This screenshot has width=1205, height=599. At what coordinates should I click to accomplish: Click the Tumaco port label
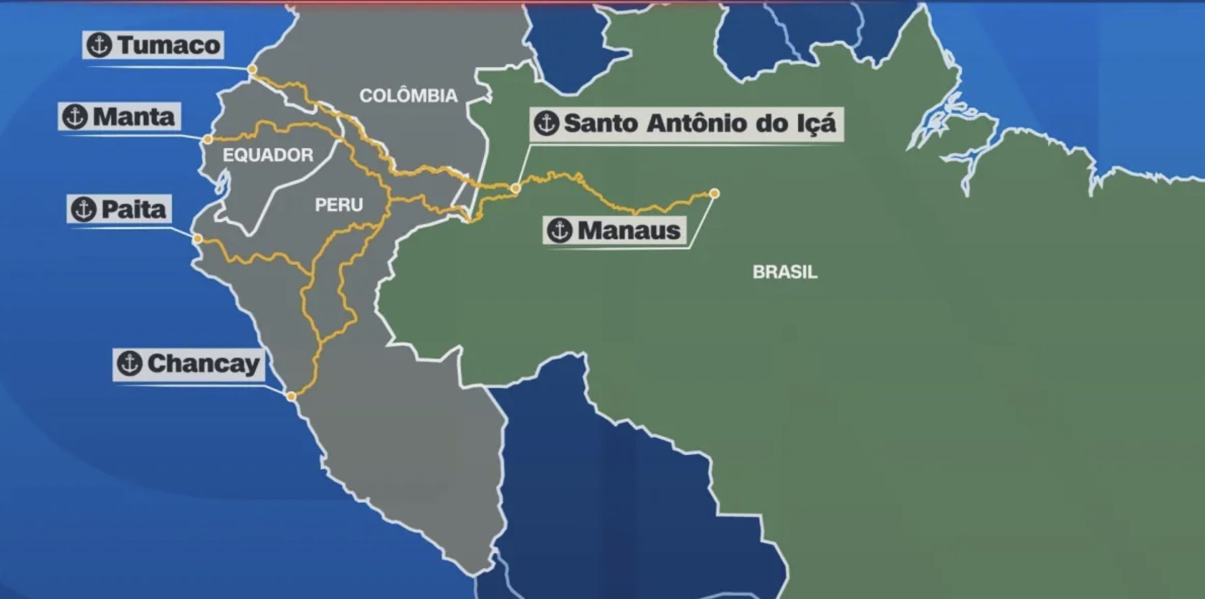[154, 45]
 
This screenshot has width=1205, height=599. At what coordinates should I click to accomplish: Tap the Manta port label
[119, 117]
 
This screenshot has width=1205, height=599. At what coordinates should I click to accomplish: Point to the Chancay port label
[189, 364]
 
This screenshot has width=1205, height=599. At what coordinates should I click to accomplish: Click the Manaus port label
[615, 231]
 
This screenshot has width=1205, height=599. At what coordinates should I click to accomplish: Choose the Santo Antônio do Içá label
[687, 124]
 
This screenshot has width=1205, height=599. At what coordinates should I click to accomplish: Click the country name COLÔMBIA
[408, 96]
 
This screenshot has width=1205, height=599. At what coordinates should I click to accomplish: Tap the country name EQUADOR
[268, 155]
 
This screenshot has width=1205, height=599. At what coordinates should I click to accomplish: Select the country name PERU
[339, 204]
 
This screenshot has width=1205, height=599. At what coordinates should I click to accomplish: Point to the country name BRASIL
[785, 272]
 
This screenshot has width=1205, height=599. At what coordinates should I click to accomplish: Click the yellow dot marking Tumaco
[252, 70]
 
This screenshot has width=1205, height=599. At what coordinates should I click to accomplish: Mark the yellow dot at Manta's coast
[208, 140]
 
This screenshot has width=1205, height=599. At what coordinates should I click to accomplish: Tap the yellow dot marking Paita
[197, 239]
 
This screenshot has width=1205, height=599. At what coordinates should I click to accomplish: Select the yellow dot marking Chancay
[291, 396]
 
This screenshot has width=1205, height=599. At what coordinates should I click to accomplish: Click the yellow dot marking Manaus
[714, 194]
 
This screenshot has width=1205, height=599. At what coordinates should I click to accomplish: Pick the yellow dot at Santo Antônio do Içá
[515, 188]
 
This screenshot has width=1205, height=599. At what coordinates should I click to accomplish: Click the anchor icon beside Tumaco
[100, 45]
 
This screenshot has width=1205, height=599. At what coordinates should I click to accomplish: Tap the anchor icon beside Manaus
[560, 231]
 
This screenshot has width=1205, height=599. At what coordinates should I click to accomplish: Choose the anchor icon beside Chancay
[129, 364]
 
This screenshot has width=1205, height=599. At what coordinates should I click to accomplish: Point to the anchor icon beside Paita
[83, 209]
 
